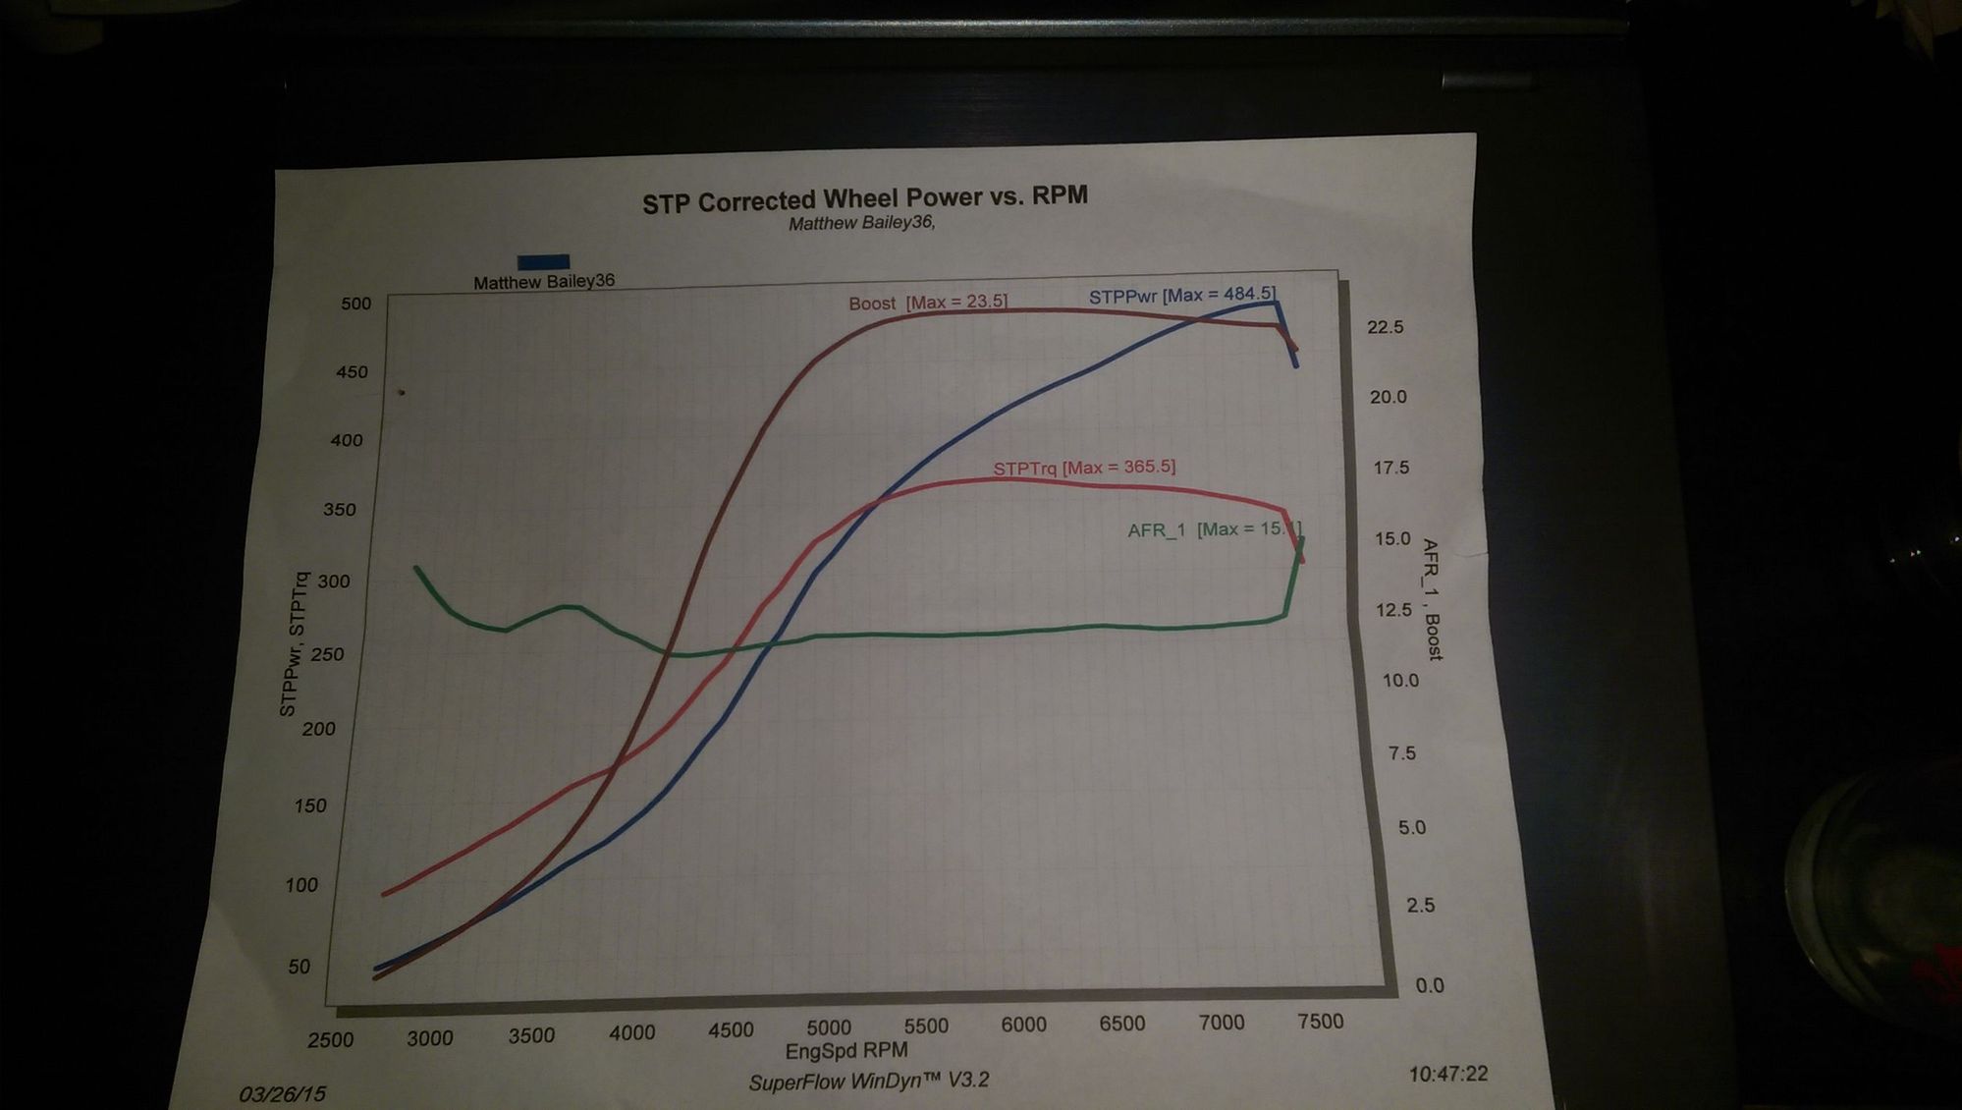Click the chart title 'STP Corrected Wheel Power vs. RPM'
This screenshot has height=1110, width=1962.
click(864, 199)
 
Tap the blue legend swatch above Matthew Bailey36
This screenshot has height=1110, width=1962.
click(543, 261)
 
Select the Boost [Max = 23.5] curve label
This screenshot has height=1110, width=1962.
click(928, 303)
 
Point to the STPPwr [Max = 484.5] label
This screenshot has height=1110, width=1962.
click(1182, 295)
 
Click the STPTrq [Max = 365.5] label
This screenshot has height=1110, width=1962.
click(1084, 468)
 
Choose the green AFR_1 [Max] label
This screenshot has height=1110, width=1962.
click(1214, 529)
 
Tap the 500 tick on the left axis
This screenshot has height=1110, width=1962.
click(356, 304)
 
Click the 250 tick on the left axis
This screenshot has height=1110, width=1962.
click(327, 654)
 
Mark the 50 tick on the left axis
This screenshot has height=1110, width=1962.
click(300, 967)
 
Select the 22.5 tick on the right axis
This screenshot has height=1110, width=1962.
click(1386, 327)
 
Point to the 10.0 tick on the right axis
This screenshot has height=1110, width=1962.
click(1400, 680)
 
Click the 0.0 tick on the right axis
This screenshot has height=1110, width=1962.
click(1430, 985)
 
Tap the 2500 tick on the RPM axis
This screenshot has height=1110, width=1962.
click(330, 1040)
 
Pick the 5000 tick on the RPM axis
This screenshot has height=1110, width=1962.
click(829, 1027)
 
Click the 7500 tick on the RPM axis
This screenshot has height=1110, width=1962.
click(1320, 1022)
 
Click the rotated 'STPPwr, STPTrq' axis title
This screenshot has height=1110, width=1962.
click(293, 644)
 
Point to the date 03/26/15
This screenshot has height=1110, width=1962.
click(283, 1093)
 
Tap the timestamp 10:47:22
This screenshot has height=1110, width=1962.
click(1447, 1074)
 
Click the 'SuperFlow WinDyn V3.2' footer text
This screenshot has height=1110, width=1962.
click(868, 1082)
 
